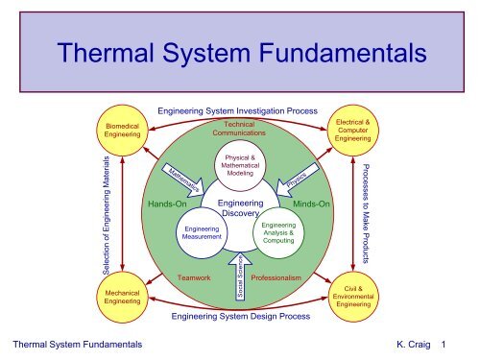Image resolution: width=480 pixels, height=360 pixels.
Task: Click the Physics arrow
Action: pos(293,180)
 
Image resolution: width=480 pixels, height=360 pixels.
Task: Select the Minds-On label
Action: pos(312,204)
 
